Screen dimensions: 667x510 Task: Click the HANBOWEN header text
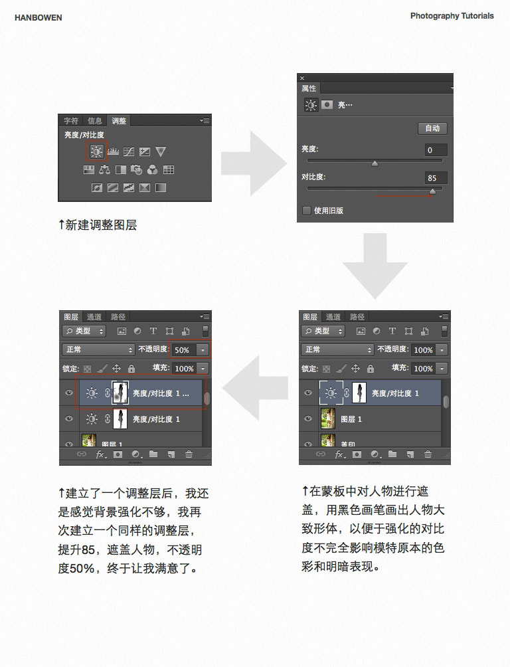[x=39, y=18]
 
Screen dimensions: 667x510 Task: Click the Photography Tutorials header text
[x=452, y=16]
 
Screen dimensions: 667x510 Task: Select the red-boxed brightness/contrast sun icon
[x=97, y=152]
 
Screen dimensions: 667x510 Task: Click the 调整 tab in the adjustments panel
[x=119, y=121]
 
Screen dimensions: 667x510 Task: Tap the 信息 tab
[x=95, y=121]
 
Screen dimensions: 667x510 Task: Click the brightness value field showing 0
[x=436, y=150]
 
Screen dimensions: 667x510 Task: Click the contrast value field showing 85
[x=436, y=178]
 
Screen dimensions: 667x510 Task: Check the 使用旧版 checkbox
[x=307, y=211]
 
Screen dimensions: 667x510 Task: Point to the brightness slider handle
[x=375, y=163]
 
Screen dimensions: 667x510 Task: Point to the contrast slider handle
[x=433, y=191]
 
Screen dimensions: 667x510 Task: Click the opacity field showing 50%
[x=183, y=349]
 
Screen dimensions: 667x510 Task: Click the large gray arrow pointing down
[x=375, y=266]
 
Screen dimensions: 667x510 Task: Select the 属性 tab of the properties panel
[x=309, y=88]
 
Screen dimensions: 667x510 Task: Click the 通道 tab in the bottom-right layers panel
[x=333, y=317]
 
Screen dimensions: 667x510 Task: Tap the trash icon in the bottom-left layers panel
[x=189, y=454]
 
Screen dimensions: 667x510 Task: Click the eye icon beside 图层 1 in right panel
[x=308, y=419]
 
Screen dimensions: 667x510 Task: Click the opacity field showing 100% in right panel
[x=423, y=349]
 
